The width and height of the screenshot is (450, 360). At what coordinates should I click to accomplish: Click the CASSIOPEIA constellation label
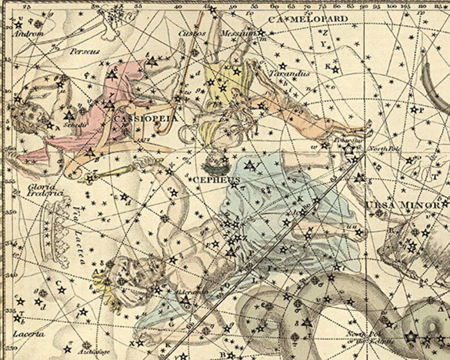146,119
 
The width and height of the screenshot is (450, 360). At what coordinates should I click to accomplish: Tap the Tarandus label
289,74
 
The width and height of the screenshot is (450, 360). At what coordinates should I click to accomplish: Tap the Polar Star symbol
348,149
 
